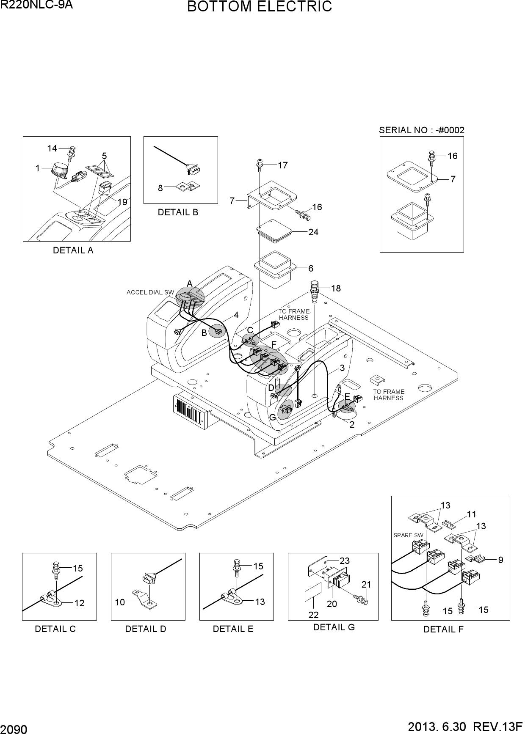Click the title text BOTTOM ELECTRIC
(260, 7)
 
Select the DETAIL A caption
(73, 250)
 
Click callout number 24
(313, 232)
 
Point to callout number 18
(336, 289)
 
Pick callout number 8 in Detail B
(160, 188)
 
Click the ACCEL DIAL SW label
(150, 292)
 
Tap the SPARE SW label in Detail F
(408, 535)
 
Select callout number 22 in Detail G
(313, 615)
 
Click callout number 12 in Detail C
(79, 603)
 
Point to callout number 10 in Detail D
(120, 602)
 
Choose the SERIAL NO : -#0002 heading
(422, 130)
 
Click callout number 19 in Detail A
(122, 202)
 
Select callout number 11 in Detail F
(472, 514)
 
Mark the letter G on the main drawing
(273, 417)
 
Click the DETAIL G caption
(334, 627)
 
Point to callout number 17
(283, 165)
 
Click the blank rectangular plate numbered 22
(312, 594)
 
